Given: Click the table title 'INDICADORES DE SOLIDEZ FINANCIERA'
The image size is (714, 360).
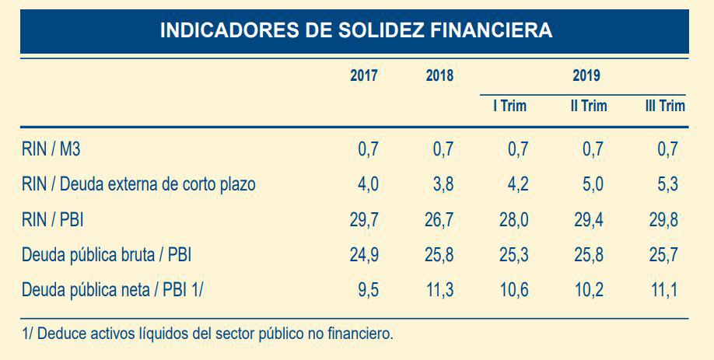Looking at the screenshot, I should pos(355,30).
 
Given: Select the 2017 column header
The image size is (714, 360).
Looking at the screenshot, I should pos(364,76).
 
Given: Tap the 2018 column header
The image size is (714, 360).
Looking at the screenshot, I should pos(439,76).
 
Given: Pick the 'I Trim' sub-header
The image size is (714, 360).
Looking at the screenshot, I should pos(509,106).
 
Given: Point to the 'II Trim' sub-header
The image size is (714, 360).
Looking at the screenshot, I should pos(588,106).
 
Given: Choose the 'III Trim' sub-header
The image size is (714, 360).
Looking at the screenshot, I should pos(665,106).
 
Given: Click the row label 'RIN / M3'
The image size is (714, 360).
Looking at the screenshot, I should pos(51,149).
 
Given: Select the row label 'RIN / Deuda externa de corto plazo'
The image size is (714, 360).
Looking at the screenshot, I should pos(139,185).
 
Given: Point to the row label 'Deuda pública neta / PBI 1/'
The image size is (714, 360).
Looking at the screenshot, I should pos(113,291).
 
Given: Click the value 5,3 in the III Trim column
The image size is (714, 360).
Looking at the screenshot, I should pos(667,185).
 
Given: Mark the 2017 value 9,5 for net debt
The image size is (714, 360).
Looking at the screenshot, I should pos(368,291).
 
